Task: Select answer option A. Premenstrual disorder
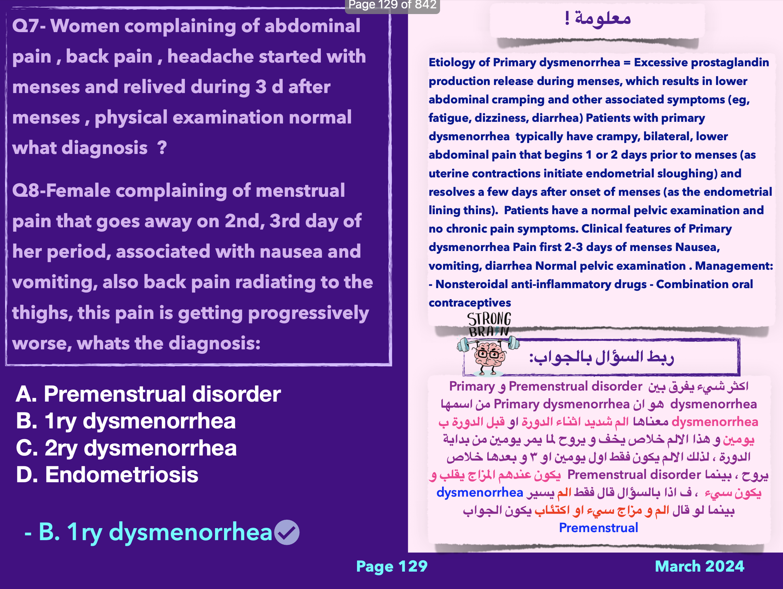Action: click(x=148, y=394)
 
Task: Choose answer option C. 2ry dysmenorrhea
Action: click(x=126, y=448)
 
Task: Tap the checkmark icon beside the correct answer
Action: click(x=287, y=532)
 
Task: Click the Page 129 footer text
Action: click(x=392, y=566)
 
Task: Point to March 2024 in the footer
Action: click(x=700, y=566)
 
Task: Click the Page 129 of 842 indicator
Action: click(x=392, y=5)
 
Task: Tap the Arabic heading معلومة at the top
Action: click(x=598, y=18)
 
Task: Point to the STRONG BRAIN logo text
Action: click(x=489, y=324)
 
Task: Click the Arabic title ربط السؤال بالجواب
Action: click(x=601, y=357)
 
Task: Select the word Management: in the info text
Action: click(x=734, y=266)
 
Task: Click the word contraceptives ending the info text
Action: click(x=470, y=303)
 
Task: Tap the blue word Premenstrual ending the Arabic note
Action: click(x=598, y=528)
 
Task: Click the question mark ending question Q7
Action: click(x=162, y=148)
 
